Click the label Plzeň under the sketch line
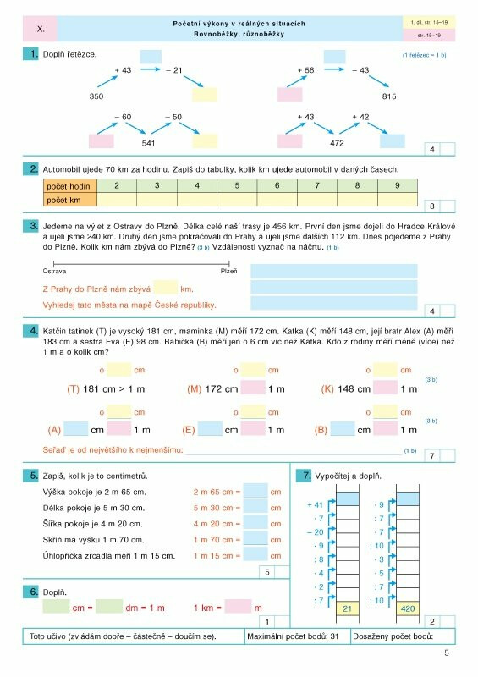[228, 272]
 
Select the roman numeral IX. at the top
[40, 29]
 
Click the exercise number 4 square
[32, 331]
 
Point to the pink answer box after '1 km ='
[239, 607]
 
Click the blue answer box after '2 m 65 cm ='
[255, 491]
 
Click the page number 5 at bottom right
[446, 652]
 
